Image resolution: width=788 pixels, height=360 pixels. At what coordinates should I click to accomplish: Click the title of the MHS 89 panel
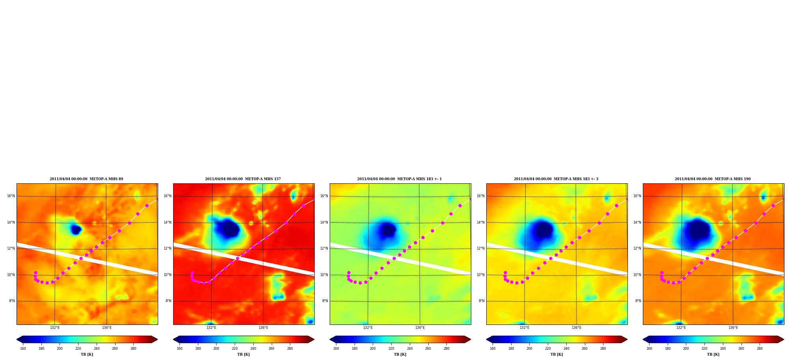(86, 179)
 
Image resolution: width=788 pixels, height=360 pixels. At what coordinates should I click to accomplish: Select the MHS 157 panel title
(243, 179)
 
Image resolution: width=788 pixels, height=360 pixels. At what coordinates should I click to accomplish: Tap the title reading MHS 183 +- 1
(400, 179)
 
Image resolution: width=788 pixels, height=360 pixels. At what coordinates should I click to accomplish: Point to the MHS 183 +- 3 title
(556, 179)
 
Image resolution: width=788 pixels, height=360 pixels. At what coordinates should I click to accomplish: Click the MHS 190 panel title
(713, 179)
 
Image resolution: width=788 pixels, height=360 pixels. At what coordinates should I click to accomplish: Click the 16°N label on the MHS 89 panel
(11, 196)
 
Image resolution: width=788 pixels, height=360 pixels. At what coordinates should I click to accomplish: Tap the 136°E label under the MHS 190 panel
(733, 328)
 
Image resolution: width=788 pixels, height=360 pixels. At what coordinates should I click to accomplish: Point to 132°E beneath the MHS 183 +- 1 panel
(368, 328)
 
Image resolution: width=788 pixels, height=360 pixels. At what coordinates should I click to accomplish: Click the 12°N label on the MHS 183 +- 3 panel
(480, 248)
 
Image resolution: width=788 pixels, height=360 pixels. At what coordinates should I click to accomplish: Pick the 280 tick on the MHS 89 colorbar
(133, 349)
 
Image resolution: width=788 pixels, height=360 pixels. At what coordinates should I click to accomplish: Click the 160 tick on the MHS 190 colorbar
(649, 349)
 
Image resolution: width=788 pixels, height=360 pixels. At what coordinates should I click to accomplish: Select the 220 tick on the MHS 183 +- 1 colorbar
(391, 349)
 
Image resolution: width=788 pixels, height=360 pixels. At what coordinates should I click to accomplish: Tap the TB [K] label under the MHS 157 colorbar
(243, 354)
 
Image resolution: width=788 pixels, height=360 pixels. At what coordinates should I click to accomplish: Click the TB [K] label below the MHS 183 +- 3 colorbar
(556, 354)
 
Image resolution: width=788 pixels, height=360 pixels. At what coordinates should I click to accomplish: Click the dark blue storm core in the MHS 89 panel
(76, 229)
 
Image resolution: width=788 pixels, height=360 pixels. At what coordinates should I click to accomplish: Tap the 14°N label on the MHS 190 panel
(637, 222)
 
